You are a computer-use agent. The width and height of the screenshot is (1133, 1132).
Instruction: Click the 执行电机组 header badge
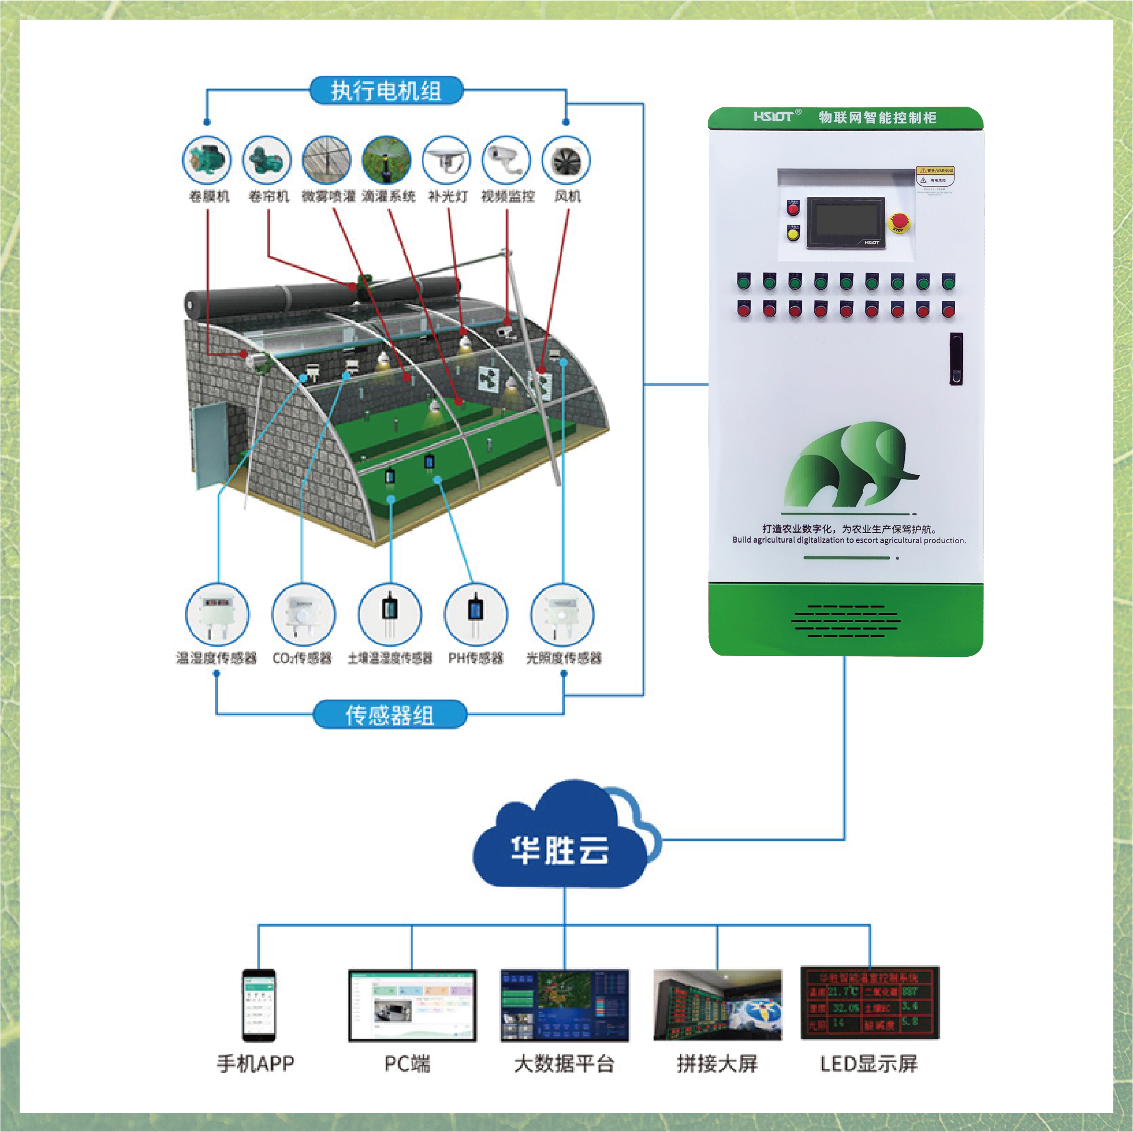(x=386, y=91)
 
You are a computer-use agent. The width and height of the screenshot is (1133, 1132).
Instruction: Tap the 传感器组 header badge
(x=389, y=715)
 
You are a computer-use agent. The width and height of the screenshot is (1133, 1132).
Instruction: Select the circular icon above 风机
(x=566, y=160)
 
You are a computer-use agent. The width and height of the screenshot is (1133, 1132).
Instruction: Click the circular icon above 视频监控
(x=506, y=160)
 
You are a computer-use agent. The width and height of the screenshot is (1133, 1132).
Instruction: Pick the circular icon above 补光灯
(x=446, y=160)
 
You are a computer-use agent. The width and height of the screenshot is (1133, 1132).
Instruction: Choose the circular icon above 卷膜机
(x=207, y=160)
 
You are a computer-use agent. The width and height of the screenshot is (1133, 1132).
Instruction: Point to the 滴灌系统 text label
(x=388, y=196)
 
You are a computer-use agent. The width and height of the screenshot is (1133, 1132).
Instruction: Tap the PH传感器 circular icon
(x=475, y=614)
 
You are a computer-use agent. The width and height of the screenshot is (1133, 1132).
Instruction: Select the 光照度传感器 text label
(x=564, y=658)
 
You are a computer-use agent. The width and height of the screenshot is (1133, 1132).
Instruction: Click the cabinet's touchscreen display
(x=845, y=223)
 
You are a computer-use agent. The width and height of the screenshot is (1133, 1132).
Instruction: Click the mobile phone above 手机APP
(x=259, y=1005)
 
